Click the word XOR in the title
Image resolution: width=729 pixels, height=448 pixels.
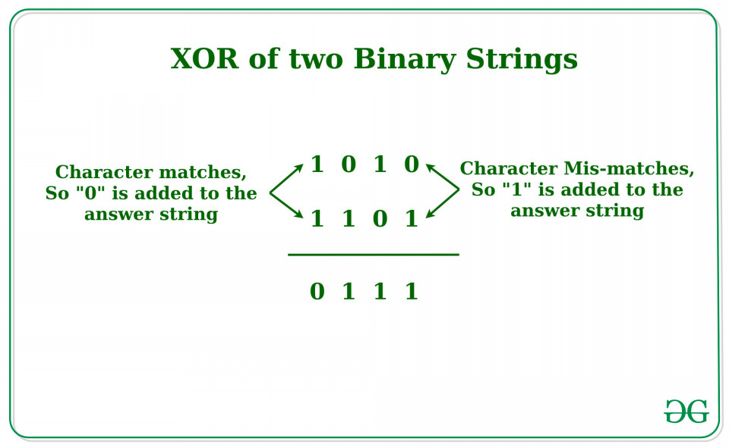tap(204, 58)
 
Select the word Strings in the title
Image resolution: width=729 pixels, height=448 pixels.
tap(522, 60)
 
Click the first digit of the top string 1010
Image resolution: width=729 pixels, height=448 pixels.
tap(317, 164)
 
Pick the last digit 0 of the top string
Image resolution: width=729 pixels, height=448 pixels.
tap(412, 164)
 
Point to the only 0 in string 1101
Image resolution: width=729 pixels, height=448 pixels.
tap(380, 218)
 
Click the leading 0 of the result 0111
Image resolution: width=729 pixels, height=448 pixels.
tap(317, 292)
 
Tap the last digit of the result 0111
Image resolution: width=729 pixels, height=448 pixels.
tap(412, 292)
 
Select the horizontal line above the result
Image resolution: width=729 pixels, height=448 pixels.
tap(374, 255)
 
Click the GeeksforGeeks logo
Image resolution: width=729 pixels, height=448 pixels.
tap(686, 411)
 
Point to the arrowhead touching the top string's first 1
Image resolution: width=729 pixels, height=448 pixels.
tap(299, 167)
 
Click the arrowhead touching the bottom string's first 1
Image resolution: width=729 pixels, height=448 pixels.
tap(299, 214)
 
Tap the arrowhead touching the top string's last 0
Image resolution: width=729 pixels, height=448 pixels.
tap(430, 167)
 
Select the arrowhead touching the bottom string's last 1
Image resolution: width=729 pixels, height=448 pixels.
tap(430, 214)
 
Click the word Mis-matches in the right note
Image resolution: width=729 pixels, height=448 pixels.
tap(629, 168)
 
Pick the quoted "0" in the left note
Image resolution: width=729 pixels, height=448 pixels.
tap(90, 193)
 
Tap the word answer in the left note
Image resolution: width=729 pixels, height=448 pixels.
tap(118, 215)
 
